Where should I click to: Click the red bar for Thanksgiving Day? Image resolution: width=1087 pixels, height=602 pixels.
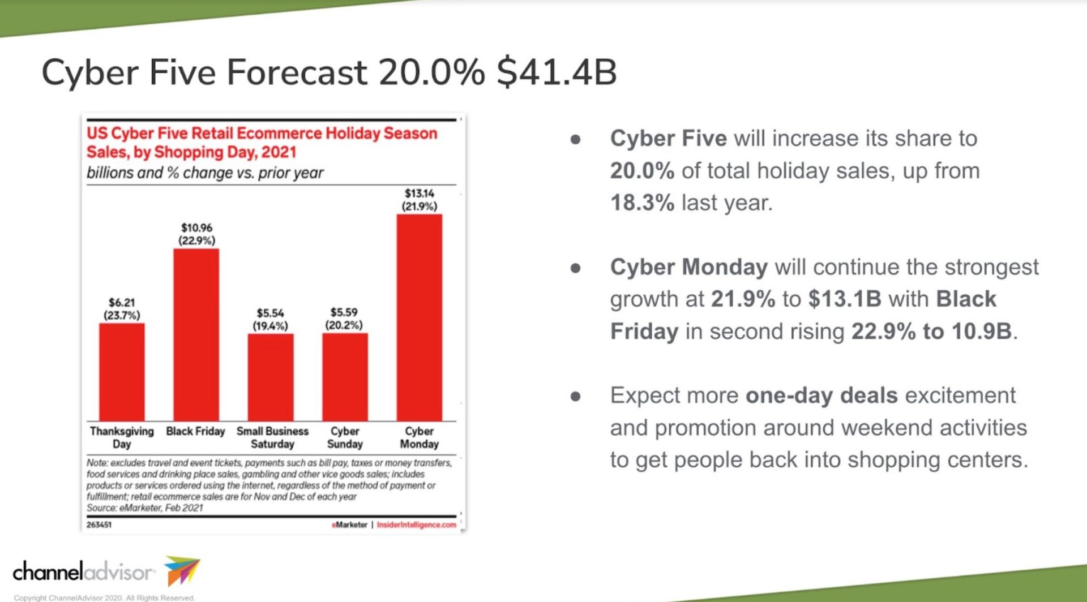(x=122, y=372)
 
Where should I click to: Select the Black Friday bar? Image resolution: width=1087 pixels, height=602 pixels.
(x=196, y=334)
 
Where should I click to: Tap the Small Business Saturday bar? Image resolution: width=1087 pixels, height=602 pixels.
(x=271, y=377)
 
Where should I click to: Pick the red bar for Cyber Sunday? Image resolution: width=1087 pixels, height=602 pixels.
(x=345, y=377)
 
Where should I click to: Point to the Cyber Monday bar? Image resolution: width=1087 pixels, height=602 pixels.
(x=420, y=317)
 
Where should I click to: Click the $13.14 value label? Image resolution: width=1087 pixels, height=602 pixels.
(x=420, y=193)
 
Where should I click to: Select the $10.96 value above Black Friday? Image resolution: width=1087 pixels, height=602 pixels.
(x=196, y=227)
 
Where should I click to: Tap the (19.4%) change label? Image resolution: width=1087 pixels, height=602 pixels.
(x=270, y=326)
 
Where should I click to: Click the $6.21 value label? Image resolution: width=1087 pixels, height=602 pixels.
(x=122, y=303)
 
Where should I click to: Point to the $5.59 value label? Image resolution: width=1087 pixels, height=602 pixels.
(x=344, y=312)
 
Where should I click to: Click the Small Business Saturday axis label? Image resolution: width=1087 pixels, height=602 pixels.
(x=272, y=437)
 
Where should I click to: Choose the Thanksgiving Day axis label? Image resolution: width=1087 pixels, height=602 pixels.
(x=122, y=437)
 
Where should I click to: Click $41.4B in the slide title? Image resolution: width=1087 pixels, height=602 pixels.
(x=557, y=72)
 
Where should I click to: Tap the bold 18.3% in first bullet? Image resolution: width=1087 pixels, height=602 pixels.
(x=642, y=203)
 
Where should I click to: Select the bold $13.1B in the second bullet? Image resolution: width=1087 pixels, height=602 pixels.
(x=845, y=299)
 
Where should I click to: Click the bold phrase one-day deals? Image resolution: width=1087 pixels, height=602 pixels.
(x=821, y=395)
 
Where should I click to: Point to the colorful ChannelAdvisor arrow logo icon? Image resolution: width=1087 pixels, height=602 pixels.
(x=182, y=571)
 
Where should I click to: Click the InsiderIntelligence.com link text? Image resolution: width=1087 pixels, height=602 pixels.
(x=417, y=525)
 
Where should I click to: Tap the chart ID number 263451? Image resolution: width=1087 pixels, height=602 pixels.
(x=99, y=525)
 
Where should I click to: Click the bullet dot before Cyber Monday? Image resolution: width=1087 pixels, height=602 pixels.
(x=576, y=268)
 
